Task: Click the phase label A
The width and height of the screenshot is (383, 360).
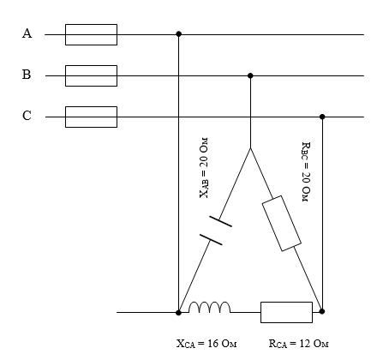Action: coord(27,33)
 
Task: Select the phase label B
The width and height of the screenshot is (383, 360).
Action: coord(27,75)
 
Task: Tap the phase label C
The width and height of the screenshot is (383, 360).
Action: coord(27,116)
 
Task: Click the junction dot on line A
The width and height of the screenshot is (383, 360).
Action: coord(179,34)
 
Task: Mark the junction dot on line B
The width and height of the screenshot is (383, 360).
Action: coord(250,75)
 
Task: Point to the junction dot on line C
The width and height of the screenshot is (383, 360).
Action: coord(322,117)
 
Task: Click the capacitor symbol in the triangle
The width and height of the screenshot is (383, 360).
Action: coord(216,231)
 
